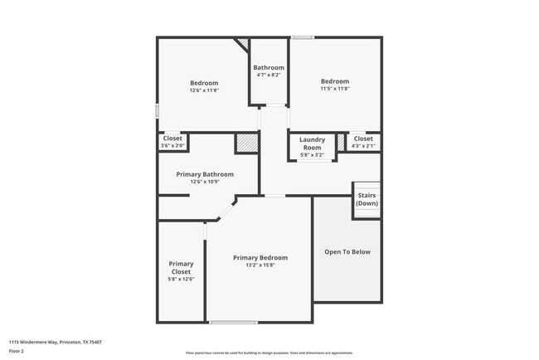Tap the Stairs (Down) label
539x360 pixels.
(x=367, y=200)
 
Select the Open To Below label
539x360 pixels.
(x=347, y=251)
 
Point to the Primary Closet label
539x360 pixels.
(x=181, y=267)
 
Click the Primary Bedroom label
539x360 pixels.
(x=260, y=257)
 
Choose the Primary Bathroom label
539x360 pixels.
(x=205, y=174)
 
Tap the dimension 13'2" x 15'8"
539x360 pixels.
(x=260, y=265)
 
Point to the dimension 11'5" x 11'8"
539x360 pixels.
(x=335, y=89)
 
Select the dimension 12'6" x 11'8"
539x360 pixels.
(x=204, y=90)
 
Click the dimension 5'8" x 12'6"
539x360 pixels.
(x=181, y=280)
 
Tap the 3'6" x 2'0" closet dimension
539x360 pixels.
(x=172, y=146)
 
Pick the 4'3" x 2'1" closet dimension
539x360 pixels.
(x=363, y=146)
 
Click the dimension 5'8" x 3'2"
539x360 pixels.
(x=312, y=154)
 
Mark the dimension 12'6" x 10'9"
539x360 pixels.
(x=205, y=182)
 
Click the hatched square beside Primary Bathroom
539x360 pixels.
(x=247, y=143)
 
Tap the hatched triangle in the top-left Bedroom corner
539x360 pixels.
(x=243, y=43)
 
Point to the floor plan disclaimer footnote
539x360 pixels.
(x=269, y=353)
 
